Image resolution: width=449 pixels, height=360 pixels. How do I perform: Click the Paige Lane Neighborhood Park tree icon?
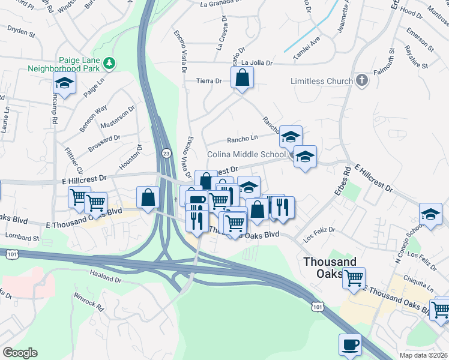point(109,62)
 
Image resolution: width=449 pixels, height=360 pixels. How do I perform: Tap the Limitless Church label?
point(322,80)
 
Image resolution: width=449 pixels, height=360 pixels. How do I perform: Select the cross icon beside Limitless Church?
point(361,80)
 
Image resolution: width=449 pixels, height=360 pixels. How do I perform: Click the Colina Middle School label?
point(246,154)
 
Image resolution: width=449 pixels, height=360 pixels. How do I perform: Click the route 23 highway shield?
point(166,154)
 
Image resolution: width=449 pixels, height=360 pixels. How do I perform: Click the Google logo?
point(20,353)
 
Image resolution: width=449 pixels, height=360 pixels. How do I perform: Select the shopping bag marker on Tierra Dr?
point(242,78)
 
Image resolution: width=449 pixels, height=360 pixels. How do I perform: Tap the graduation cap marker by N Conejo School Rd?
point(430,214)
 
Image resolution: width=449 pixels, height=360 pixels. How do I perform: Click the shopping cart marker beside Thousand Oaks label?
point(354,278)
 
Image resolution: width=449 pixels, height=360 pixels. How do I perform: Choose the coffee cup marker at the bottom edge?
point(351,344)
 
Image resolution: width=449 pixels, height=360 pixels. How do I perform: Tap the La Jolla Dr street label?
point(257,62)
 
